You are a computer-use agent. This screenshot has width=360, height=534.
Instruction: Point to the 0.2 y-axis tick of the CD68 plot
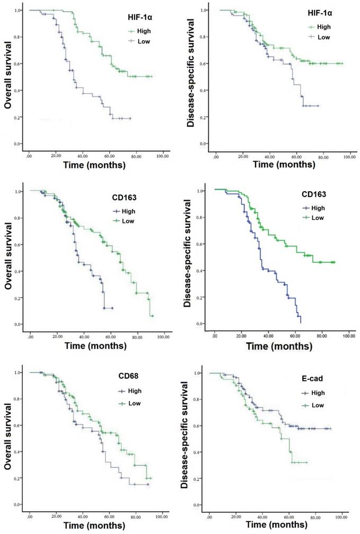[19, 478]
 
